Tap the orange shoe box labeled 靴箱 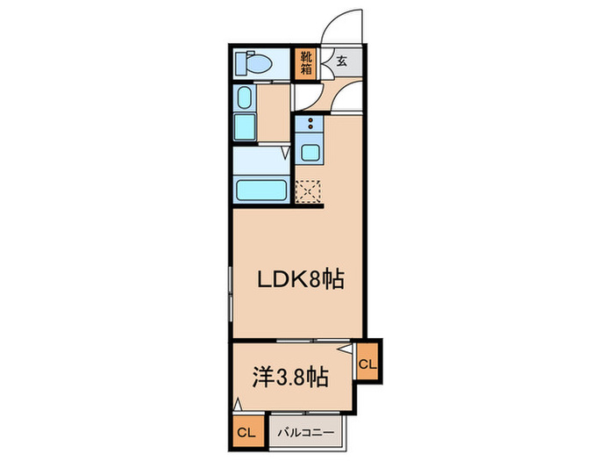click(305, 63)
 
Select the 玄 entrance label click(340, 61)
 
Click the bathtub click(261, 189)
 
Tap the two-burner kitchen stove click(310, 126)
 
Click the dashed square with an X click(309, 191)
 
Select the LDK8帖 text click(298, 279)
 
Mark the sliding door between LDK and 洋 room click(298, 340)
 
